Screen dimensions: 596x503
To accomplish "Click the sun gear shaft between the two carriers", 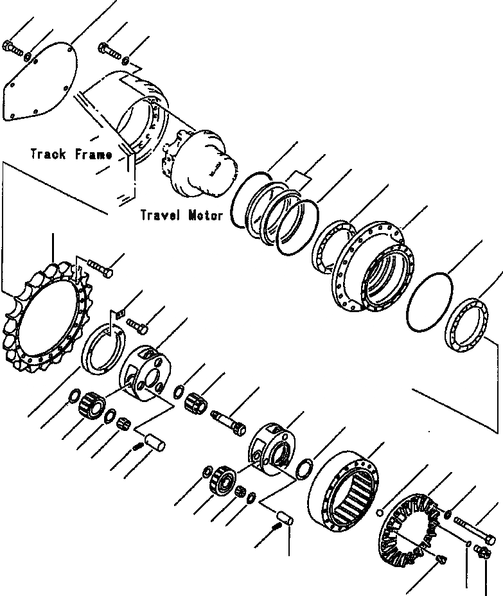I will click(227, 421).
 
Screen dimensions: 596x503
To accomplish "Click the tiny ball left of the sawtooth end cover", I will click(380, 512).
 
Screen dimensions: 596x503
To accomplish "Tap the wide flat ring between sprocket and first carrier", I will click(101, 350).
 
